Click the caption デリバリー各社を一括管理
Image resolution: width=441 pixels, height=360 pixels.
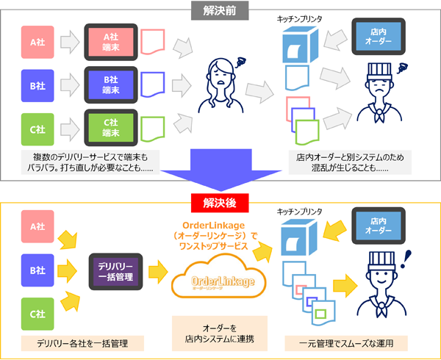click(x=77, y=342)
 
